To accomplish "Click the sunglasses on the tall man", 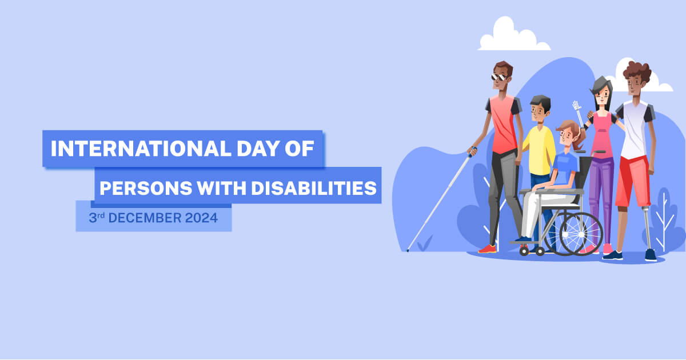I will coord(498,77).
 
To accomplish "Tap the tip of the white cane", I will coord(407,250).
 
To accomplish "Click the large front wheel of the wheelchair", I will coord(581,234).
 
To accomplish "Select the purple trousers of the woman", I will coord(601,194).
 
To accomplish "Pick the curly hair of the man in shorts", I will coord(637,71).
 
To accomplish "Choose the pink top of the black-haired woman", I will coord(602,137).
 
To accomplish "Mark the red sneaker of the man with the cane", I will coord(487,249).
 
